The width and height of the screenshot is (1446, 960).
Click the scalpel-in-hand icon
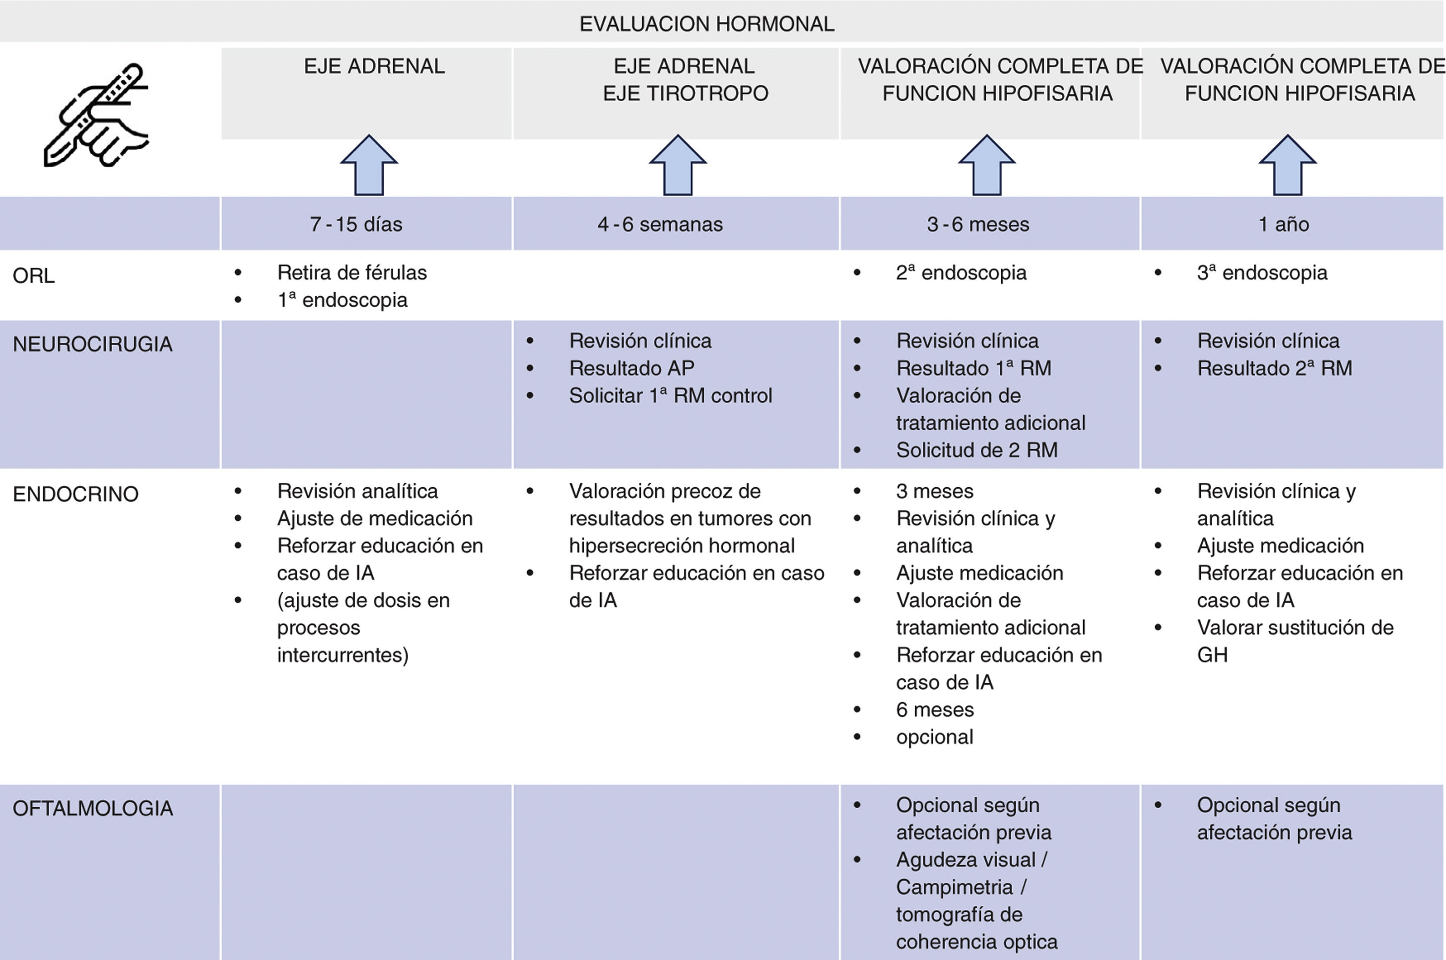tap(96, 115)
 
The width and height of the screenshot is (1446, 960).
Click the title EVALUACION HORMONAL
tap(706, 24)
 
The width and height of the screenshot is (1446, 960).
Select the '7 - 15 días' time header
tap(356, 224)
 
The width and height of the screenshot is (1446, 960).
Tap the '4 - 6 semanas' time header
tap(660, 224)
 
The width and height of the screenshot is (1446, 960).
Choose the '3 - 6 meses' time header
tap(977, 224)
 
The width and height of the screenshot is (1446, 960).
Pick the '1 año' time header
tap(1283, 224)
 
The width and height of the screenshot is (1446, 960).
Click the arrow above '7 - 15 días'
tap(369, 165)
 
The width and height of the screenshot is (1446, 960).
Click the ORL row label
tap(34, 275)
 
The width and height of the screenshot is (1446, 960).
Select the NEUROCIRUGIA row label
tap(92, 344)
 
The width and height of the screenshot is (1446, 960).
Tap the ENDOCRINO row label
tap(75, 494)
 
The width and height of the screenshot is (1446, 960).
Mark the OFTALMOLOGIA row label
tap(92, 808)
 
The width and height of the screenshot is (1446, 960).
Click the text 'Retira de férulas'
tap(351, 272)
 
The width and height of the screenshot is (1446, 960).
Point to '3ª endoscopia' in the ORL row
tap(1262, 272)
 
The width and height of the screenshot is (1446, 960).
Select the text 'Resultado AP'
tap(631, 368)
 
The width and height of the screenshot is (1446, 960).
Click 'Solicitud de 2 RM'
tap(976, 450)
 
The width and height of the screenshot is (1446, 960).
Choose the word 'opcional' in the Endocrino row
tap(934, 737)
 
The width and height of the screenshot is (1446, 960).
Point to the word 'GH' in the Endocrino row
tap(1212, 654)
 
